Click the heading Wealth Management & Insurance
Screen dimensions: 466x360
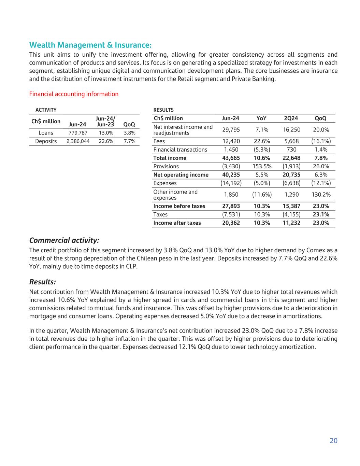coord(90,45)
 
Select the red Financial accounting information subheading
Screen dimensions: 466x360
coord(74,94)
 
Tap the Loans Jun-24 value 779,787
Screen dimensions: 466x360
coord(77,133)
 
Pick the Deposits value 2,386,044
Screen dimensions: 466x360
coord(78,141)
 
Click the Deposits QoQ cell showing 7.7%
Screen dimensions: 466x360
coord(129,141)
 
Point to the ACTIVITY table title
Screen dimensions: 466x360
coord(46,110)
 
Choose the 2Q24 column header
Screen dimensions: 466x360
coord(291,118)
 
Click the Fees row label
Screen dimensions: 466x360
coord(159,141)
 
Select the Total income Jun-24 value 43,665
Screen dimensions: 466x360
coord(231,158)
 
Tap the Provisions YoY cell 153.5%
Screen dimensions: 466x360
coord(262,167)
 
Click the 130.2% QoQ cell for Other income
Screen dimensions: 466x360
coord(321,195)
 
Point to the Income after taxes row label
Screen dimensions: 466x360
coord(177,223)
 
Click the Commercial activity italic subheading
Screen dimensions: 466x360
coord(64,240)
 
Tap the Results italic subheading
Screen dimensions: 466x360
coord(43,282)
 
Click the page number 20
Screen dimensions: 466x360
coord(333,441)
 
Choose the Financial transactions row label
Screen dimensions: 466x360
coord(180,150)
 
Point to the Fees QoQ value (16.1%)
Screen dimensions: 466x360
coord(321,141)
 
